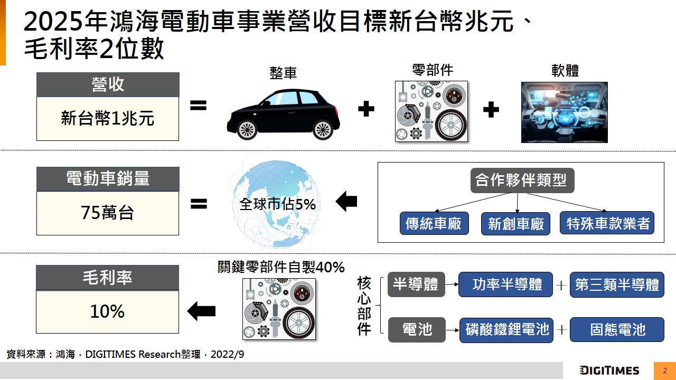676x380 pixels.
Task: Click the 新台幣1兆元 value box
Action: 108,119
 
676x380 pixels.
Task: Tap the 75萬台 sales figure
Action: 108,213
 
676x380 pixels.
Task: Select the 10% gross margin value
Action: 107,311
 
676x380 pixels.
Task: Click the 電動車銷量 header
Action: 108,179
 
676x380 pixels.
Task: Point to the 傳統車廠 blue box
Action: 434,223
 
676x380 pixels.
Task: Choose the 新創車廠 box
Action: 515,224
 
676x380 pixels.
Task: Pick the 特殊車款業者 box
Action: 607,223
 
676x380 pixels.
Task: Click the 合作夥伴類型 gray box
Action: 522,180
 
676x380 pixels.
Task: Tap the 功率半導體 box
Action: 505,284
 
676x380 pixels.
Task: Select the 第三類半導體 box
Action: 617,284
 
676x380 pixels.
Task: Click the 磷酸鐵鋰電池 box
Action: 506,330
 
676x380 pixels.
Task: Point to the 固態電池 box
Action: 617,330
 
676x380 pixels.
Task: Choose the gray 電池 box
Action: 417,330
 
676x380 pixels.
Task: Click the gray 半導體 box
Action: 416,284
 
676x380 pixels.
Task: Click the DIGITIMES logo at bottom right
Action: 609,370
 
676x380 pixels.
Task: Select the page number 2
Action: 665,370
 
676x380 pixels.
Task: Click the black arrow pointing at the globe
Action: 346,202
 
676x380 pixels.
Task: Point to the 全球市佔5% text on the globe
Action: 277,204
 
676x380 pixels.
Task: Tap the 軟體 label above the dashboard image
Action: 565,71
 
